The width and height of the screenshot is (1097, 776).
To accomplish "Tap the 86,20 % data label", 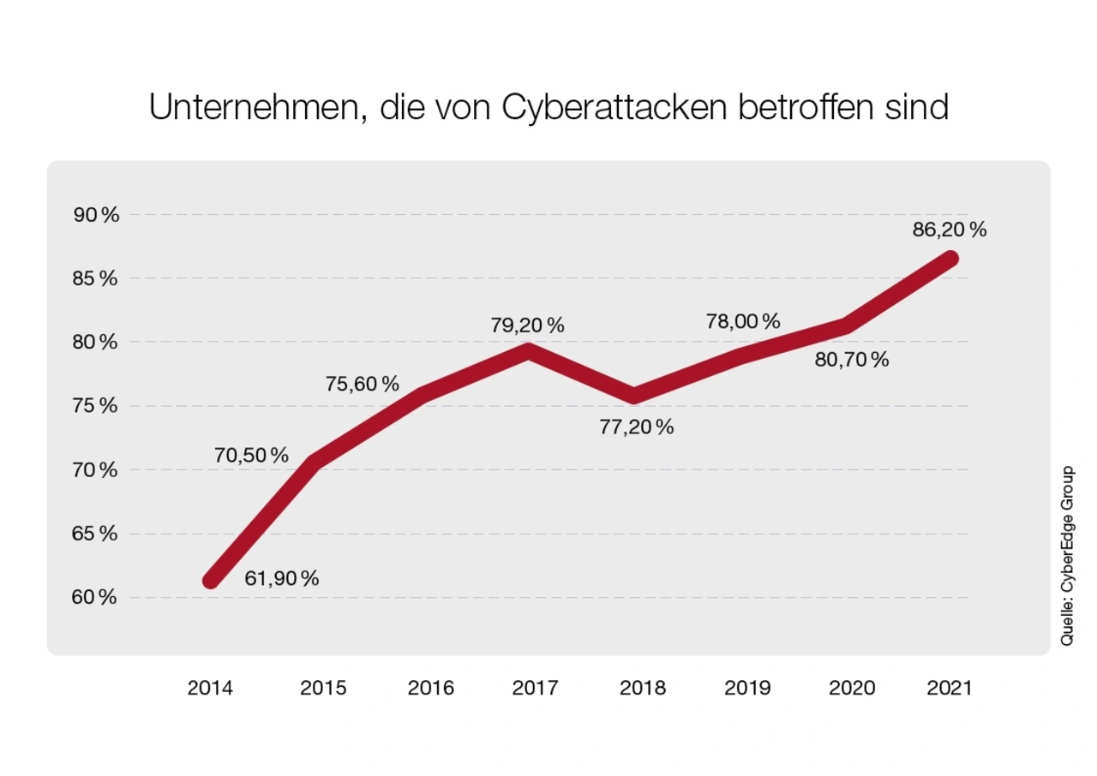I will (x=949, y=230).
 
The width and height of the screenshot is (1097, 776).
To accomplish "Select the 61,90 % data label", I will (x=282, y=579).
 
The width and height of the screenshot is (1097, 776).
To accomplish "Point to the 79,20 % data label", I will (x=528, y=326).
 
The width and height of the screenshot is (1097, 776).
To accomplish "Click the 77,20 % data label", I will (x=637, y=427).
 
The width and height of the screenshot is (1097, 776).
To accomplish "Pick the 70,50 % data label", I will (x=251, y=456).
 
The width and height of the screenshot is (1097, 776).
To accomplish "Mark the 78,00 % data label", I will (x=743, y=322).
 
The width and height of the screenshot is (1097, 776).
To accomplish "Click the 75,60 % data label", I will (x=363, y=385).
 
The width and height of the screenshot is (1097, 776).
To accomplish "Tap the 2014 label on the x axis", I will (x=211, y=688).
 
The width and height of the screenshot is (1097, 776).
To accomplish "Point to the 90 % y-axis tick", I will (x=95, y=215).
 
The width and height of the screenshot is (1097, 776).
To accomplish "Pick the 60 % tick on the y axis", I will (x=95, y=598).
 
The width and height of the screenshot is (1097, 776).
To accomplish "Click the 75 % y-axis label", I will (x=95, y=406).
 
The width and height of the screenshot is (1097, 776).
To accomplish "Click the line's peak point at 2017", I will (x=530, y=350).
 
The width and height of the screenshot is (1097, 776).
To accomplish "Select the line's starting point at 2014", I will (x=211, y=581).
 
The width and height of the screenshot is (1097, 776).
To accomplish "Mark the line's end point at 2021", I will (x=950, y=259).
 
